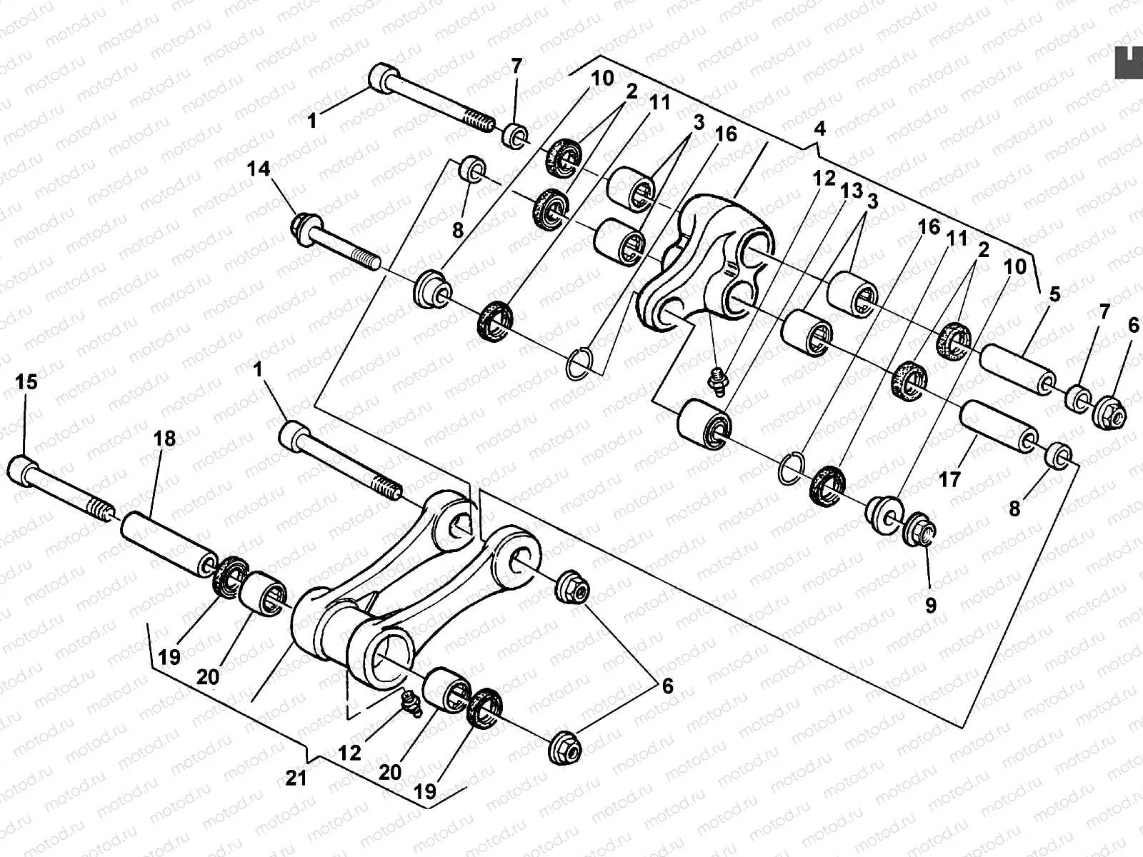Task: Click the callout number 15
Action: click(26, 382)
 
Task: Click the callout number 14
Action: click(259, 169)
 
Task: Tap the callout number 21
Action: click(296, 777)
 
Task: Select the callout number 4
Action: click(819, 129)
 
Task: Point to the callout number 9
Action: click(930, 605)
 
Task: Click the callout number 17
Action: click(949, 478)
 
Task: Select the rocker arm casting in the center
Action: click(707, 264)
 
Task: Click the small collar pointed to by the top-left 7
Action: click(516, 134)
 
